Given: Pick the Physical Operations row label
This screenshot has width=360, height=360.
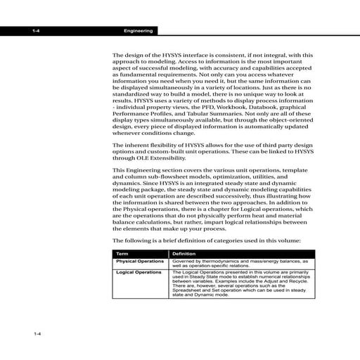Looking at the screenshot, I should pyautogui.click(x=139, y=262).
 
